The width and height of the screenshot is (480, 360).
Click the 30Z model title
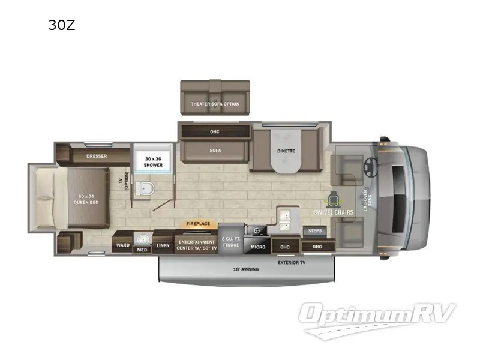[62, 25]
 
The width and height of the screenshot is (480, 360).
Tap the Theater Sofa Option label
[215, 104]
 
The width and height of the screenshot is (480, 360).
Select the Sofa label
[215, 151]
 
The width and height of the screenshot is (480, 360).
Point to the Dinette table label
[286, 151]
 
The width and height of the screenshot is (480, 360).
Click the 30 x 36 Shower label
[153, 161]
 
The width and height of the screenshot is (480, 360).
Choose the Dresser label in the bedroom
[97, 156]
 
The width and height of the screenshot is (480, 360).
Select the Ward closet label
[123, 245]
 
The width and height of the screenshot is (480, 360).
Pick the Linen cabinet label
[163, 245]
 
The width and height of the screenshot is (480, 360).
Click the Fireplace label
[198, 224]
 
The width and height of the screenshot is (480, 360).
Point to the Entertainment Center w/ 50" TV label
[195, 245]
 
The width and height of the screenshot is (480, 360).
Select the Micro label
[258, 246]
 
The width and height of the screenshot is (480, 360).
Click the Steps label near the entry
[314, 230]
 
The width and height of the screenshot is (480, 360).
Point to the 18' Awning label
[246, 269]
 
